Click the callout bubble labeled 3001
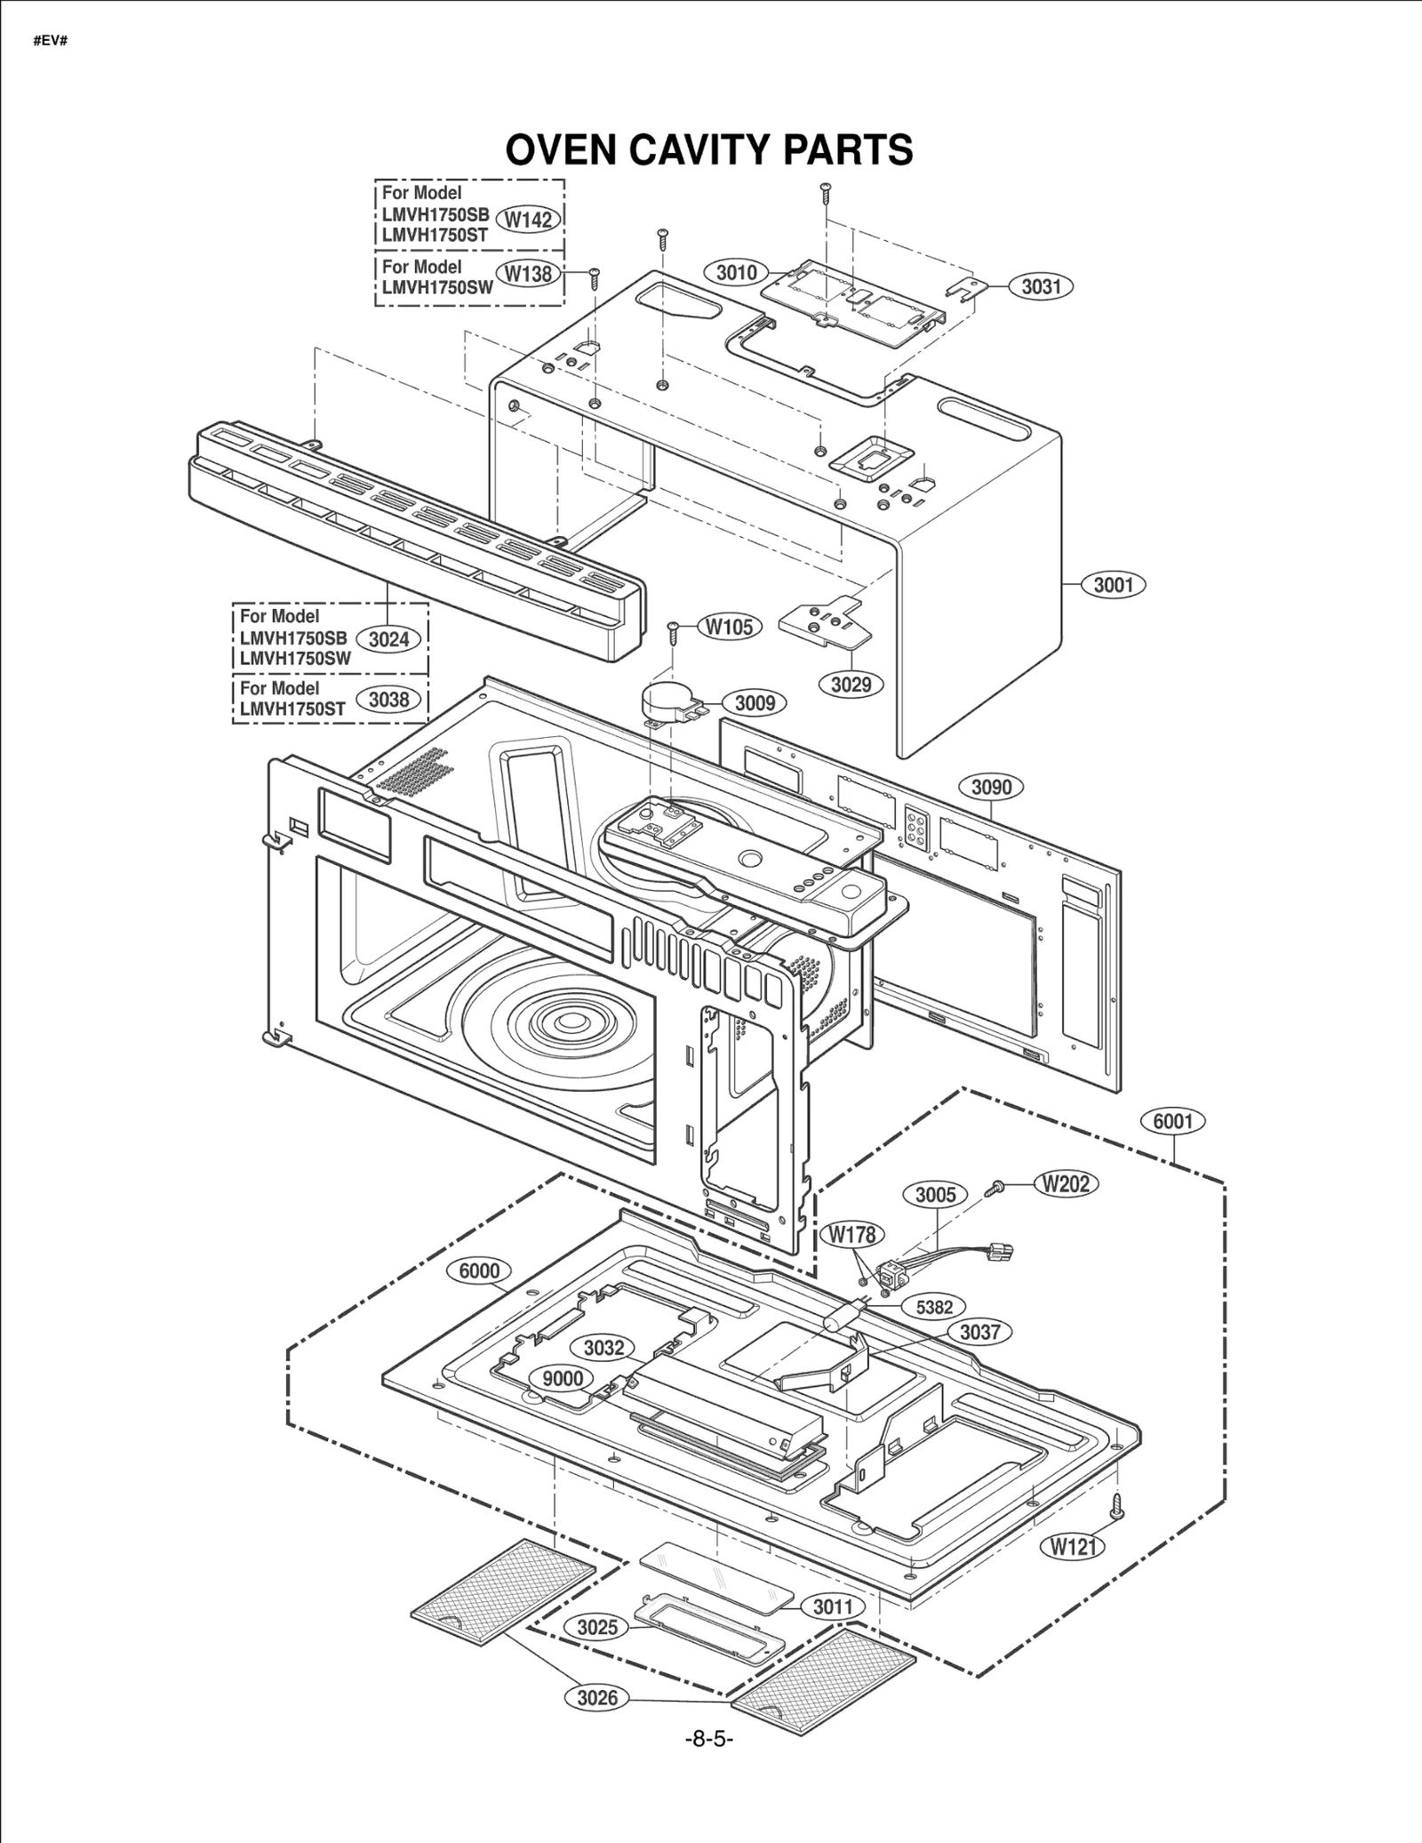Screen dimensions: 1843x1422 1113,585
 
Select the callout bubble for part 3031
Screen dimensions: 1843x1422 1041,286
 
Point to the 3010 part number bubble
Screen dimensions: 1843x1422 736,272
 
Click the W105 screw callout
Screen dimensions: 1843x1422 729,627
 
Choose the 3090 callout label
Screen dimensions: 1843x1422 991,787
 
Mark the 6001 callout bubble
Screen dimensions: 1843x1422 1172,1121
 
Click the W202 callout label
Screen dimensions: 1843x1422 1066,1183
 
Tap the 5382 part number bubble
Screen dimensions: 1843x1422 935,1306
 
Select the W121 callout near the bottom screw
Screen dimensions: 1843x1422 1073,1546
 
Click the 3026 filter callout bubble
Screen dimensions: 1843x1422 597,1697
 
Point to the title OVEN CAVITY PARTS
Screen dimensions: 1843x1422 709,150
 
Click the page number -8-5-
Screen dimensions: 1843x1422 708,1738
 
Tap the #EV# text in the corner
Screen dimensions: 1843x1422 51,42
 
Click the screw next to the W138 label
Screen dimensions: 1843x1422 595,277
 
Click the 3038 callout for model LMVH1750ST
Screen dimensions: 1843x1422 388,700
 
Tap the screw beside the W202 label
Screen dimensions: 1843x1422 997,1187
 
